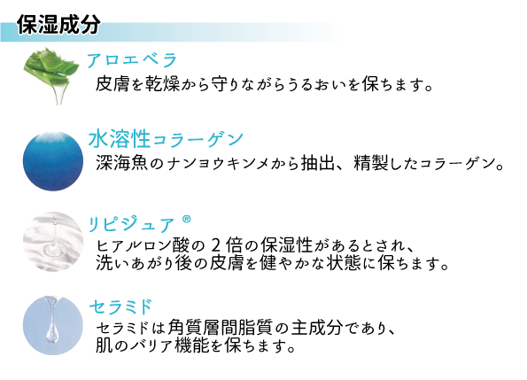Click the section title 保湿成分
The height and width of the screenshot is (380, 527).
coord(58,24)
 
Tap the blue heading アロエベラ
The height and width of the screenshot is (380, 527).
coord(132,60)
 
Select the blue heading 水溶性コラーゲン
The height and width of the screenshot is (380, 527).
coord(166,139)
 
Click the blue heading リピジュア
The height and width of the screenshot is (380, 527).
coord(131,224)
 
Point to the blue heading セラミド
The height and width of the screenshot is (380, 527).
coord(120,306)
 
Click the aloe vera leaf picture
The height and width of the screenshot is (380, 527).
coord(51,76)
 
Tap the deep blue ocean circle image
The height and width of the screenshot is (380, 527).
coord(53,161)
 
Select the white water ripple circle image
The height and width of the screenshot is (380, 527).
coord(53,242)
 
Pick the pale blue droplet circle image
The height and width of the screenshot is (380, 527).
coord(53,326)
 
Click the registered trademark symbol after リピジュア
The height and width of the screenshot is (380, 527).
coord(187,220)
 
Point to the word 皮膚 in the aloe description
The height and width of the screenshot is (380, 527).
coord(112,83)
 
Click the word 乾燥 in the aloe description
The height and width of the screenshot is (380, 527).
coord(163,83)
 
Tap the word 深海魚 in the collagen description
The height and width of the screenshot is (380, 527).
coord(121,163)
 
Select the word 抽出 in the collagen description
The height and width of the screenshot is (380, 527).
coord(318,163)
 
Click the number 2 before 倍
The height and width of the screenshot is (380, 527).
coord(216,245)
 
